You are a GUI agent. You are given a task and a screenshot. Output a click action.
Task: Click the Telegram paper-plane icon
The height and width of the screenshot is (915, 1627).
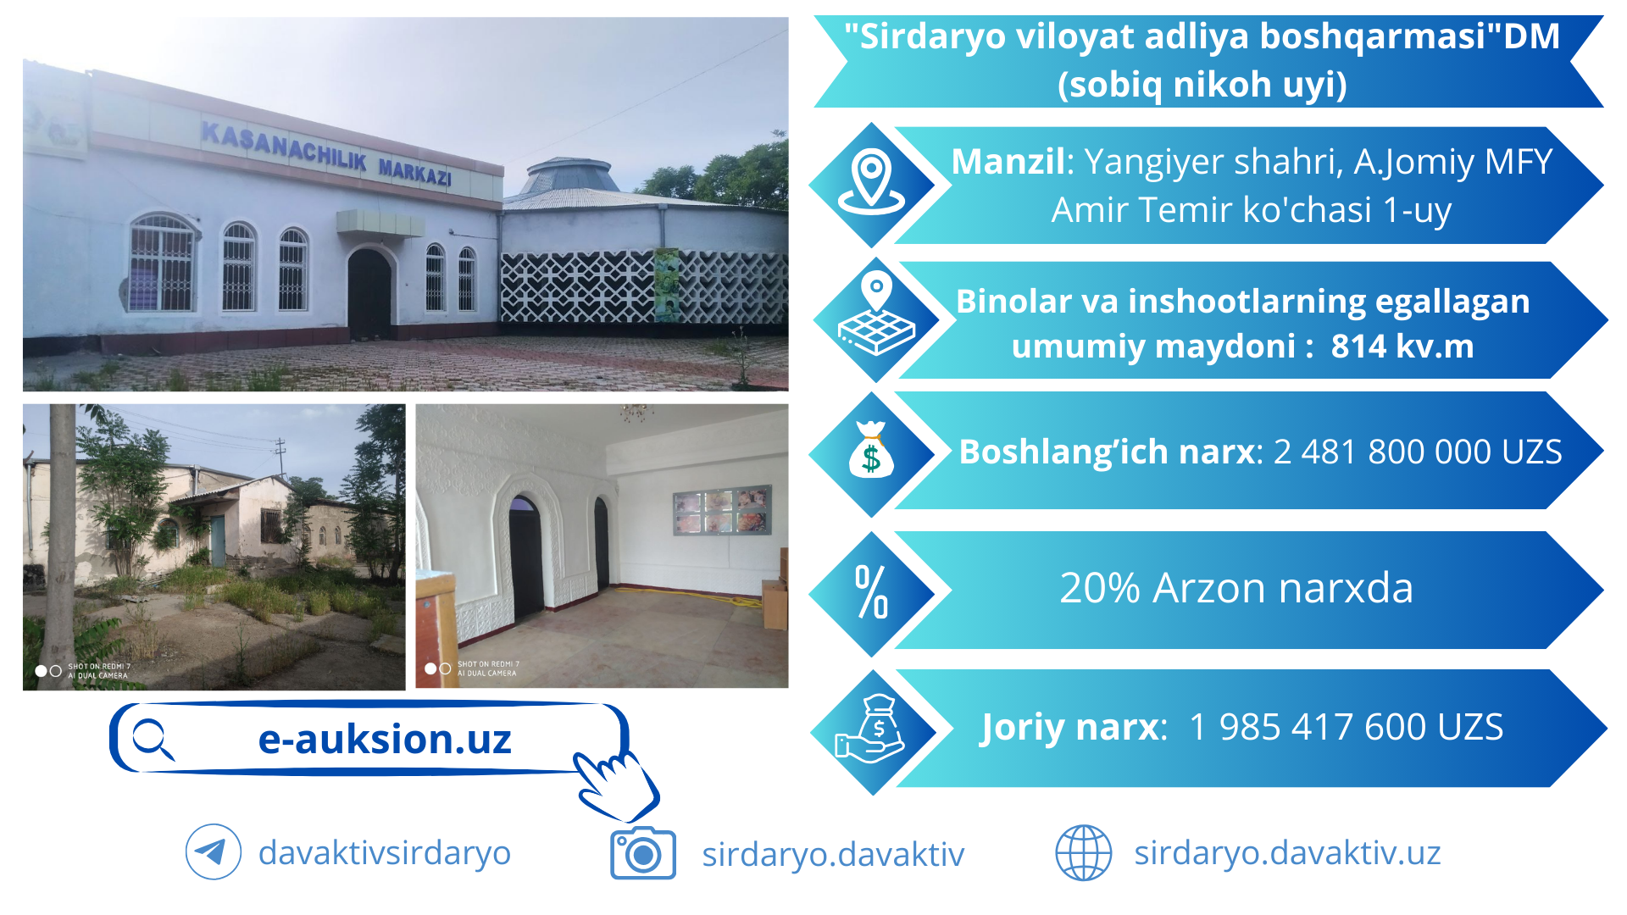(x=214, y=851)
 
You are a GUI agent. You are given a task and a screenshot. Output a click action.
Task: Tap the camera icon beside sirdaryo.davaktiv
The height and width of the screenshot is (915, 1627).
(x=643, y=853)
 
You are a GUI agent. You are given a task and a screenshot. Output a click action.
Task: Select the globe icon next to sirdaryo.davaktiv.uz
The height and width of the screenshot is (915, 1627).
(x=1083, y=852)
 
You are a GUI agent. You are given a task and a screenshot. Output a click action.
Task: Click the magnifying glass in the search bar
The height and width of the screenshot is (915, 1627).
(x=153, y=740)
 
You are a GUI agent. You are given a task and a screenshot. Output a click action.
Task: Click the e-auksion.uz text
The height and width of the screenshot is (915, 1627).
(x=385, y=739)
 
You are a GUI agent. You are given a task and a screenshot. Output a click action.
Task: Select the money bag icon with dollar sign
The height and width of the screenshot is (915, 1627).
(x=871, y=450)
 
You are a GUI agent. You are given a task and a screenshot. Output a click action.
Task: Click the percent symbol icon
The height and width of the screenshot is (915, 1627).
(x=871, y=591)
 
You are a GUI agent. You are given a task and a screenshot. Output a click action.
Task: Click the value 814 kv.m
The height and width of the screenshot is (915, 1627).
(x=1402, y=346)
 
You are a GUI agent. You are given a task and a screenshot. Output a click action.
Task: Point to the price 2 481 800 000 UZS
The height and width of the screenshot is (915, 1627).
(x=1418, y=452)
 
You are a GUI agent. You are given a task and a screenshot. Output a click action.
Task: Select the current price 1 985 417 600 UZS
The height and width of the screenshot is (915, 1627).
(x=1347, y=727)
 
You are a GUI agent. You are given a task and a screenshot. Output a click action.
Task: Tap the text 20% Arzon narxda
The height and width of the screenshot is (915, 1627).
(x=1236, y=587)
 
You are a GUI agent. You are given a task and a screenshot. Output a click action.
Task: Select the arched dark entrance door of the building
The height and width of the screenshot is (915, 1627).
(x=369, y=292)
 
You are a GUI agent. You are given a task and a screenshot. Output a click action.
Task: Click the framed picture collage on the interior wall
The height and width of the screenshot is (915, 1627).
(x=722, y=510)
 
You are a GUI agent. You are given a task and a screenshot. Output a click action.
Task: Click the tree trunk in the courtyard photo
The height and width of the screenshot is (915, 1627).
(x=61, y=542)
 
